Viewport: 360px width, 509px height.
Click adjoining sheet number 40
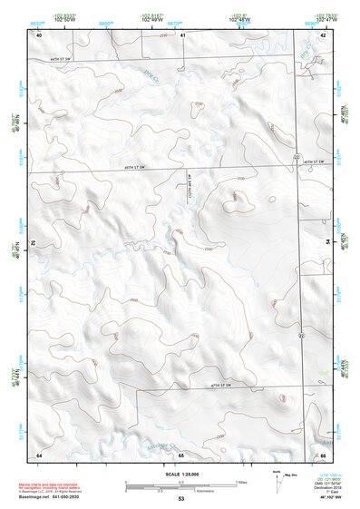[x=39, y=34]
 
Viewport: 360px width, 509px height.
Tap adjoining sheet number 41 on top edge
[x=182, y=34]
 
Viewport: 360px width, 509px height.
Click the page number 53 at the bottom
[x=181, y=499]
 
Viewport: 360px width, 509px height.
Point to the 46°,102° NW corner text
[x=328, y=499]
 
